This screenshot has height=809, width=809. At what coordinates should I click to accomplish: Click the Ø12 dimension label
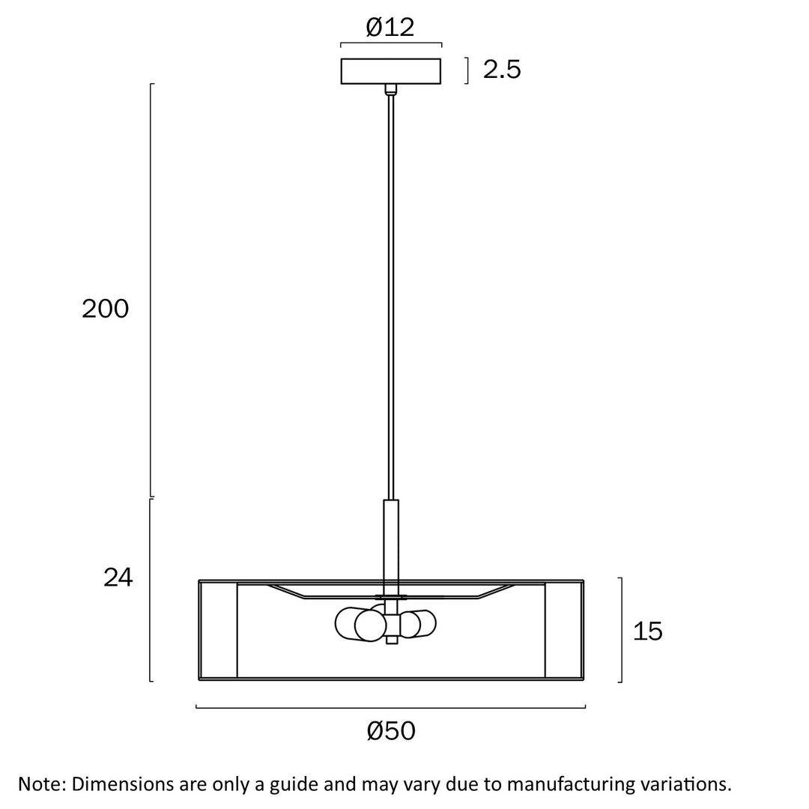(390, 28)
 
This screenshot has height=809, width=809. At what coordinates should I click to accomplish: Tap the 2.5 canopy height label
(502, 70)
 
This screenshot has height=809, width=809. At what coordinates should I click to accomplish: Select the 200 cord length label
(106, 309)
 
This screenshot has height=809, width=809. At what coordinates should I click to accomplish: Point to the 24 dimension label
(118, 578)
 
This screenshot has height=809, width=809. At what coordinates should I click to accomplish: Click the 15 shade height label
(647, 631)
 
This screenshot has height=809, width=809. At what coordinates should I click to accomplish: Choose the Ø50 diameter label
(391, 731)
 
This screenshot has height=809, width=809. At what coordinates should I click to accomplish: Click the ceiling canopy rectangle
(390, 71)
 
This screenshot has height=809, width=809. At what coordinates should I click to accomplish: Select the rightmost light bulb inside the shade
(423, 624)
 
